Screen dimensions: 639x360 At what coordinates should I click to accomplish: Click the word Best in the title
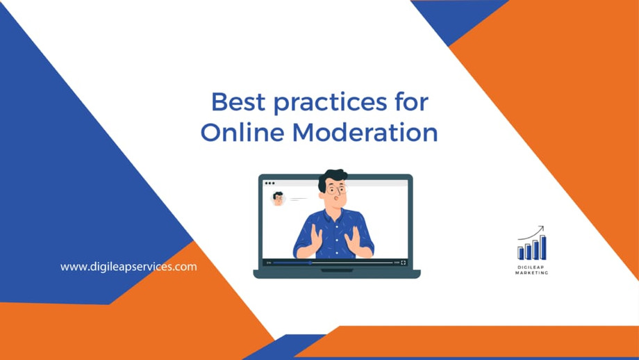[x=238, y=101]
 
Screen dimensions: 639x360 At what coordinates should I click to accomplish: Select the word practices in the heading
[x=330, y=103]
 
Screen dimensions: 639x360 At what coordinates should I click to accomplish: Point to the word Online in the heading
[x=242, y=132]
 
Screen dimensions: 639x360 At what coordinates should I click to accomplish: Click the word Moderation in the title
[x=365, y=132]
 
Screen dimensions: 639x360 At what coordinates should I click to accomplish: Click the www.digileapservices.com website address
[x=128, y=267]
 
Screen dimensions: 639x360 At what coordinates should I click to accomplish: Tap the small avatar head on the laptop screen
[x=279, y=198]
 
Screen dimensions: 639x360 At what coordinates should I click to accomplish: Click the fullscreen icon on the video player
[x=403, y=263]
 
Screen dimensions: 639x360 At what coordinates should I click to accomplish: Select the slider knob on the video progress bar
[x=310, y=263]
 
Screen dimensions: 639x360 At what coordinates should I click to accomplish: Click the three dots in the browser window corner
[x=269, y=183]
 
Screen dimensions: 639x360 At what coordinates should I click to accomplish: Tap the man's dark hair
[x=332, y=178]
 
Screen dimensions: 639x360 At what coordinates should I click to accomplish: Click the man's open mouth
[x=335, y=199]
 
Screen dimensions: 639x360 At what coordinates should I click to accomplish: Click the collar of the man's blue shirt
[x=335, y=214]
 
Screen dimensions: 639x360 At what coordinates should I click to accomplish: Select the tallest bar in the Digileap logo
[x=543, y=247]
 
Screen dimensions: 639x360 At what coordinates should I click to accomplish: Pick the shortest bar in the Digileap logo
[x=520, y=253]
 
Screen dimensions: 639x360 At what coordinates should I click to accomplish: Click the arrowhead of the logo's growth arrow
[x=541, y=229]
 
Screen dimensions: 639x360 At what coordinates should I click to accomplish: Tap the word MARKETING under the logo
[x=532, y=272]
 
